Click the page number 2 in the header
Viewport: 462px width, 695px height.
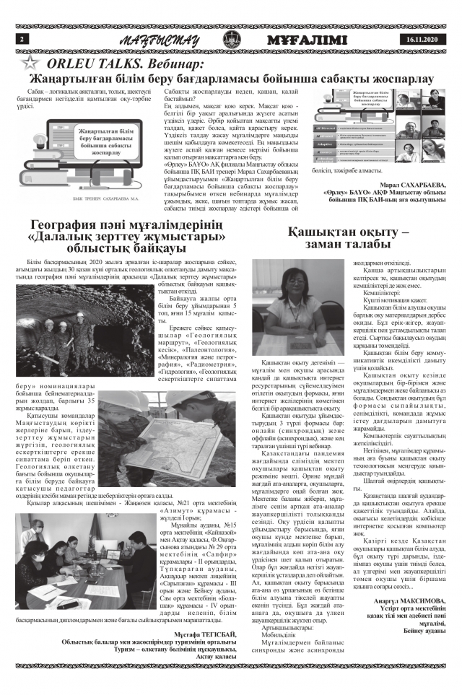[x=23, y=38]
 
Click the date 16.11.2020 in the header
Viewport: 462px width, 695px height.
[x=422, y=39]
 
